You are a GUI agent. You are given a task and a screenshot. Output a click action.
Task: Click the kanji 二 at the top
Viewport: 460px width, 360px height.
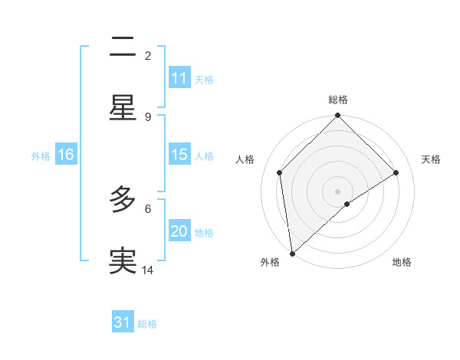[123, 47]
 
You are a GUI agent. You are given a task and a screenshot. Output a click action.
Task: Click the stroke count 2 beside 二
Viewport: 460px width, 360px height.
[148, 55]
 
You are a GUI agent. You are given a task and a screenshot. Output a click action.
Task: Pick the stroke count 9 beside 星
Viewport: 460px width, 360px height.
[148, 116]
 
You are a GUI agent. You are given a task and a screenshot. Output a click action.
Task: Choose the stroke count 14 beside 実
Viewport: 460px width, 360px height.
[148, 270]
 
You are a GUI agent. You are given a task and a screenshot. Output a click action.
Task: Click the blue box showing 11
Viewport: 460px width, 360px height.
[179, 78]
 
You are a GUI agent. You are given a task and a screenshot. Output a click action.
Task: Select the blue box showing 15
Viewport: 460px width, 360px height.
[179, 155]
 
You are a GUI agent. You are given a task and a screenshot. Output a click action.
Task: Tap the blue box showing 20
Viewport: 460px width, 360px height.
[179, 231]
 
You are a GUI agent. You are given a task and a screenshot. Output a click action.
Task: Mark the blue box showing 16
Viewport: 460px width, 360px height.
[66, 155]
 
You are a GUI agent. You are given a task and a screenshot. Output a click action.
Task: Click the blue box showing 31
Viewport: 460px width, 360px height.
[123, 322]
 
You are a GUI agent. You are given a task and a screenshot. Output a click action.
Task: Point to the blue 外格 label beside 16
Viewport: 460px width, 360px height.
[41, 155]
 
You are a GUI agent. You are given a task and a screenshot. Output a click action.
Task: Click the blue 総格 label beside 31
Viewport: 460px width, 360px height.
[147, 324]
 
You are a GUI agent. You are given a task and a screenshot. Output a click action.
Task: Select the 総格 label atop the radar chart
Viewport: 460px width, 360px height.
[338, 100]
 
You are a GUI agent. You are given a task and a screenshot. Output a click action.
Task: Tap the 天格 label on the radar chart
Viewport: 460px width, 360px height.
[431, 159]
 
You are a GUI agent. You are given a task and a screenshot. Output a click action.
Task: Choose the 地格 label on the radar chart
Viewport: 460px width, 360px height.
[402, 262]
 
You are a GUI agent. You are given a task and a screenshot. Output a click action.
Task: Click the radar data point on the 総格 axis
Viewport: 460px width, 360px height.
[338, 116]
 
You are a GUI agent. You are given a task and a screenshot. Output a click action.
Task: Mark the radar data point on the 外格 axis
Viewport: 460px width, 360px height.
[292, 254]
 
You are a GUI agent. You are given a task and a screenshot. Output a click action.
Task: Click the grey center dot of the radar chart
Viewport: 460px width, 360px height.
[338, 191]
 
